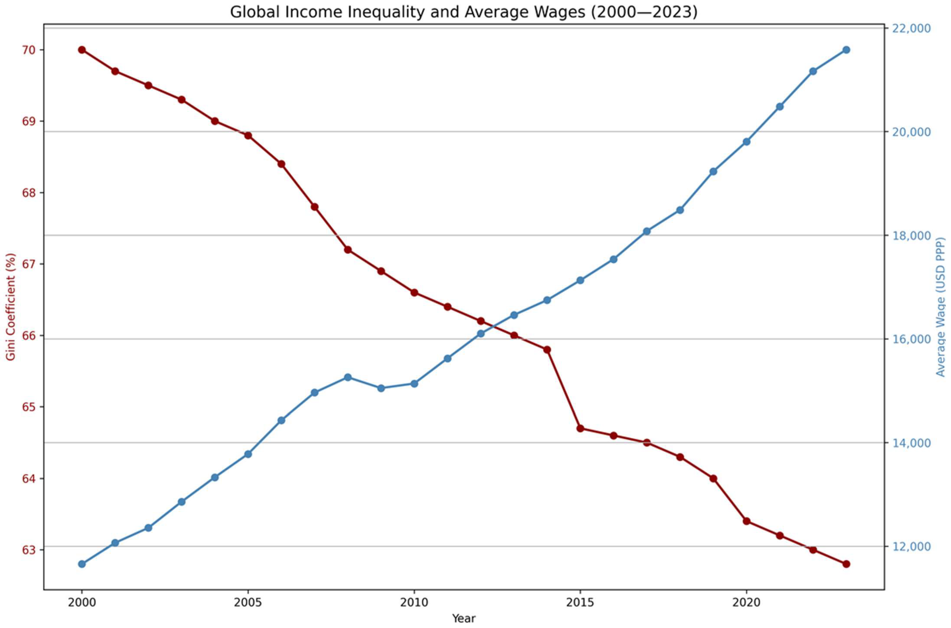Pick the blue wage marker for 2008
(348, 377)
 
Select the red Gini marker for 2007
(315, 207)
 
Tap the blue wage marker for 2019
(713, 171)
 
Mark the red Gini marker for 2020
(746, 521)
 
